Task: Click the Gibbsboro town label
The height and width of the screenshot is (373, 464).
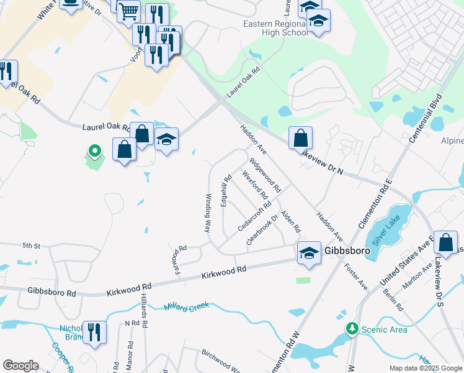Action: [347, 251]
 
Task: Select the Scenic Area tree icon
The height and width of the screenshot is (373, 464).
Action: [352, 328]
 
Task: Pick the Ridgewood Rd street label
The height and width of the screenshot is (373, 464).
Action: [265, 175]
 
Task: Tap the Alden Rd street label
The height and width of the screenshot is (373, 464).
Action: [290, 221]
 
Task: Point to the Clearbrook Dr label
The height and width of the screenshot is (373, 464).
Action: [262, 229]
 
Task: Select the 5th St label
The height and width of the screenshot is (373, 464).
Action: [32, 246]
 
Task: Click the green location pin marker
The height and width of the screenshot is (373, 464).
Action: [94, 150]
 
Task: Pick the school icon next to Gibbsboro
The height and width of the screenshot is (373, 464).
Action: [309, 253]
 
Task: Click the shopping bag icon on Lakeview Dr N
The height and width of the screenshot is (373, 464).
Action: [300, 138]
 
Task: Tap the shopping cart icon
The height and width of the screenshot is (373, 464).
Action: [128, 11]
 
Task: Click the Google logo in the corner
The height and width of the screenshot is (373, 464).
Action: [20, 366]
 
